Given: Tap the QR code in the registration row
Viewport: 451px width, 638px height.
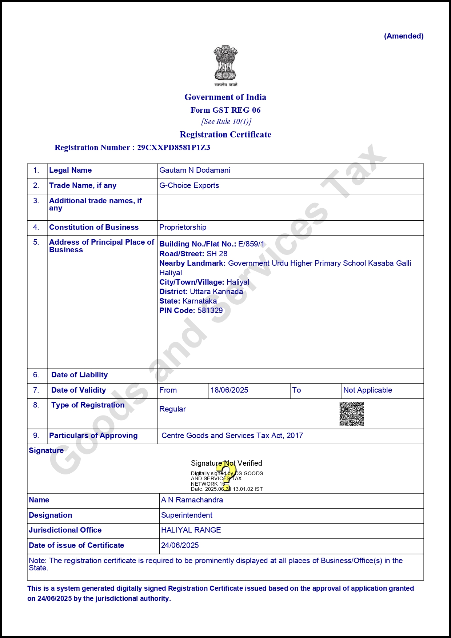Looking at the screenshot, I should tap(351, 414).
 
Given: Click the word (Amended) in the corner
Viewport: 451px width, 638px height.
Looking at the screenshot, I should tap(404, 36).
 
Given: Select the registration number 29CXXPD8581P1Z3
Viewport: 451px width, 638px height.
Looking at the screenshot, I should tap(173, 148).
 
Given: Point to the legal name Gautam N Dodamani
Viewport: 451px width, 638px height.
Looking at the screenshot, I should tap(195, 170).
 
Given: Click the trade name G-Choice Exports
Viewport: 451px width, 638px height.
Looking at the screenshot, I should tap(189, 185).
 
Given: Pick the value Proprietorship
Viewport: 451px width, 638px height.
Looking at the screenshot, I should tap(183, 227).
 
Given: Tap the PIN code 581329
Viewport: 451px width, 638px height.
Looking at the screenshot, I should tap(210, 310).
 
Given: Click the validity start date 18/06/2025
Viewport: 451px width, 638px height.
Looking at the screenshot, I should tap(229, 390).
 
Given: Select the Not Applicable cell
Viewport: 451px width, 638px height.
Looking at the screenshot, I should tap(367, 390).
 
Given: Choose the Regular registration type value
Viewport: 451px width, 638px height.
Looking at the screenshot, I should tap(172, 409).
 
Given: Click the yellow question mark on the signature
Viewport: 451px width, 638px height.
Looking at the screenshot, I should tap(226, 476).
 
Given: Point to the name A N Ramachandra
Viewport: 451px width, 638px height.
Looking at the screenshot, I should tap(192, 500).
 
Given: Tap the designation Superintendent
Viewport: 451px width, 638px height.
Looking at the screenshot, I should tap(187, 515).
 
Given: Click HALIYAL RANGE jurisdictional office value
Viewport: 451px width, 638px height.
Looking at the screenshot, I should tap(191, 530).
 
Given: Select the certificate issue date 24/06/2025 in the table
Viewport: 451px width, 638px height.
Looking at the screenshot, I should tap(180, 545).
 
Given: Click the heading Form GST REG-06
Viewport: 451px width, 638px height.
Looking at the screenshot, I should tap(225, 110).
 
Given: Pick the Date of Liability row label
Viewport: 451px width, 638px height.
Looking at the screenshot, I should tap(79, 375).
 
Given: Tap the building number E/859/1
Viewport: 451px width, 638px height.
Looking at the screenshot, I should tap(251, 244).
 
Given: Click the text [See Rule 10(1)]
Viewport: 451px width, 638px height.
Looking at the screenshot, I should tap(226, 121).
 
